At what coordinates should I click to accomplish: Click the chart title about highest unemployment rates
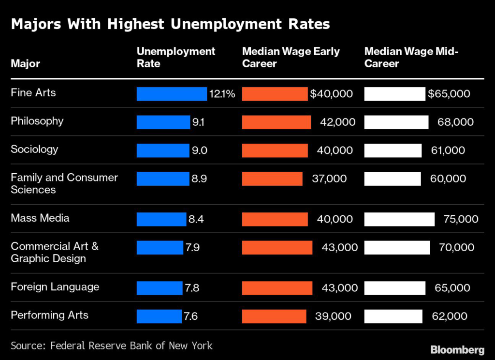click(170, 24)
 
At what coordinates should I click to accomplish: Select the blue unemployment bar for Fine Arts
click(172, 94)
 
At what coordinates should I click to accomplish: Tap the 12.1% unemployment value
click(222, 94)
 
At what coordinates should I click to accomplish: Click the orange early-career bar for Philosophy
click(276, 122)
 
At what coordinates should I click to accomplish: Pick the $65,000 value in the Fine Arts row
click(449, 94)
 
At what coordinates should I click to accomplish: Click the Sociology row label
click(34, 149)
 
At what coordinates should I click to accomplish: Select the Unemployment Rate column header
click(176, 57)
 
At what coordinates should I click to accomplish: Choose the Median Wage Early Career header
click(291, 57)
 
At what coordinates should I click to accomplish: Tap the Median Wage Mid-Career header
click(411, 57)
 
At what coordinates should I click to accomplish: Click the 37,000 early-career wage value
click(329, 179)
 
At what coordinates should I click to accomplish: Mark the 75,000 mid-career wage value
click(461, 219)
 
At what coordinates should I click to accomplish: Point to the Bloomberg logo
click(457, 349)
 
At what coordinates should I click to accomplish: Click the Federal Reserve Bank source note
click(112, 345)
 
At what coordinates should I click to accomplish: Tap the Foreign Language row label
click(55, 286)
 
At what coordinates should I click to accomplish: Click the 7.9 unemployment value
click(192, 248)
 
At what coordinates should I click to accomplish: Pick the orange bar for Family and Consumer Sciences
click(272, 179)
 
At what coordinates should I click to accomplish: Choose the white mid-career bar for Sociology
click(393, 150)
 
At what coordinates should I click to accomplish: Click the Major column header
click(25, 63)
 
